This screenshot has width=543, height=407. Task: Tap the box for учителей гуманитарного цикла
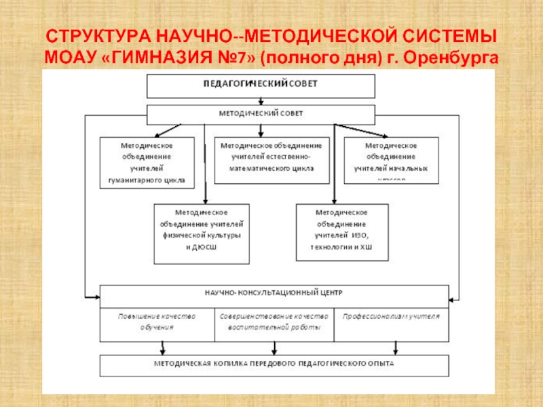tap(147, 163)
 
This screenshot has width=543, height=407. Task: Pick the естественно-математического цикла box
tap(271, 161)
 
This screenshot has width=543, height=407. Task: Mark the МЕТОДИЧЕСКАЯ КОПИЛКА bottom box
tap(274, 364)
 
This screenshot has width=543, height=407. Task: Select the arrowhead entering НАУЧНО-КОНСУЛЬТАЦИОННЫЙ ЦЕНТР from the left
tap(96, 296)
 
